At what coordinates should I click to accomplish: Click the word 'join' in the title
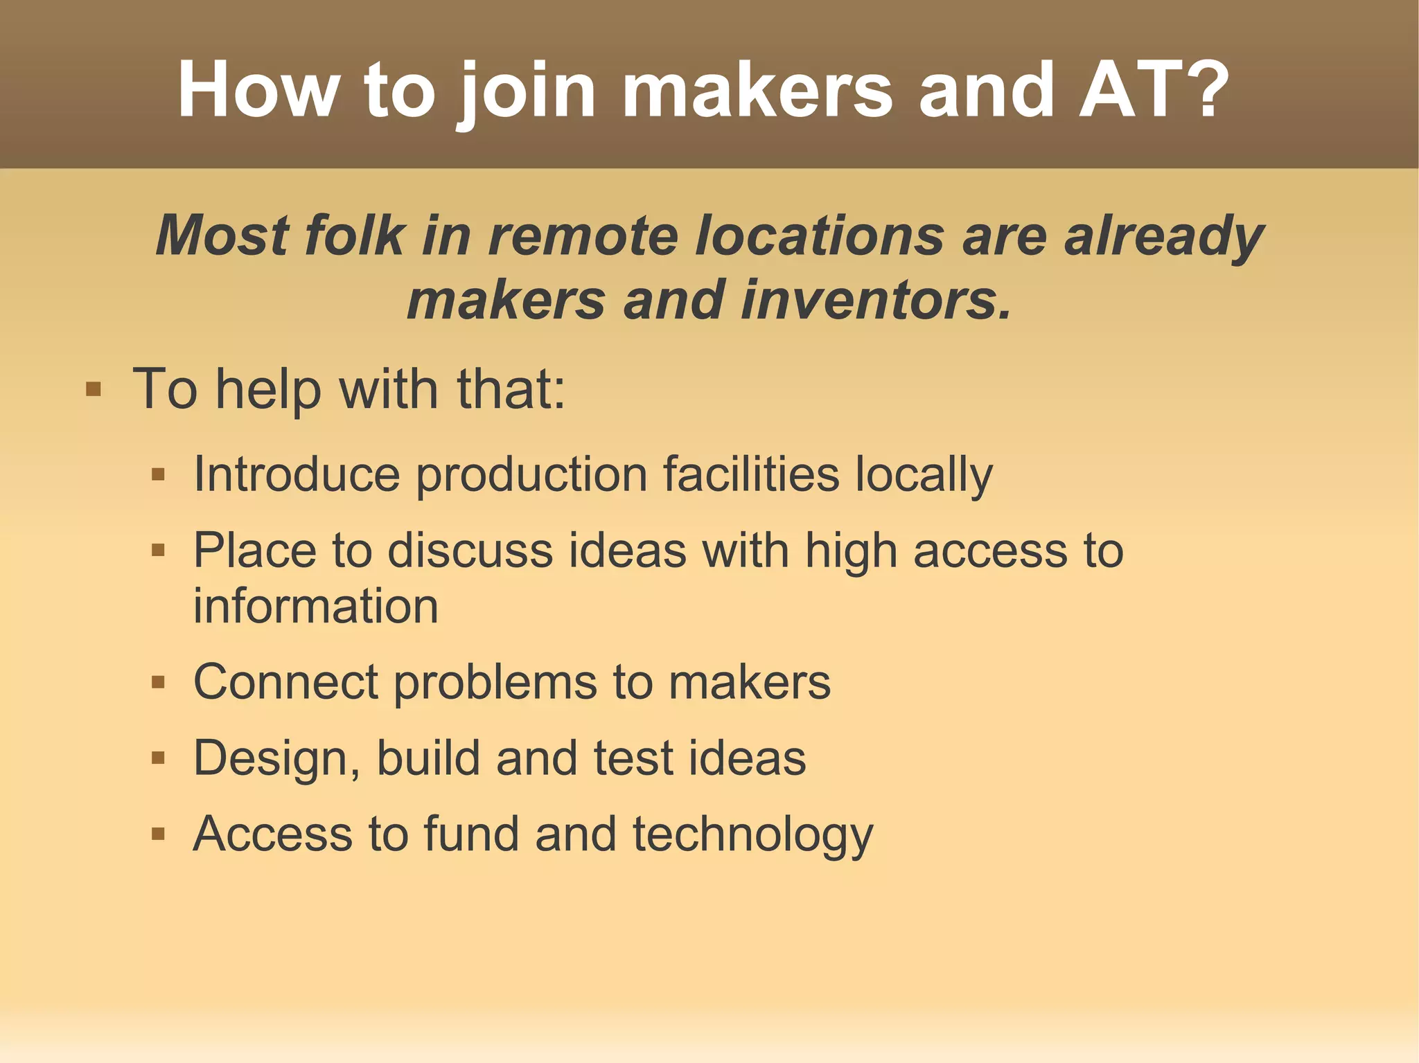pos(526,91)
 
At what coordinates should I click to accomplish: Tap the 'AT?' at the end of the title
pos(1154,91)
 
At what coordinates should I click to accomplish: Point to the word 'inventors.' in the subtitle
pos(876,301)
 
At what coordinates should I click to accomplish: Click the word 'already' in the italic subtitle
pos(1164,236)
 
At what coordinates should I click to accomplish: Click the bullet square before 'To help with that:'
pos(93,389)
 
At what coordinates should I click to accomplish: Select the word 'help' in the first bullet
pos(268,389)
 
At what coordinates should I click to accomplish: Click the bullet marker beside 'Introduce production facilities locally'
pos(158,474)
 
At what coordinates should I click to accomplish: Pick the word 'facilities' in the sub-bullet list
pos(751,474)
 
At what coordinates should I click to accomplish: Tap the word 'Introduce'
pos(297,474)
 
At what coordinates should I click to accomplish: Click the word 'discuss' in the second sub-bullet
pos(470,551)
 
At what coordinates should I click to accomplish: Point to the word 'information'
pos(316,606)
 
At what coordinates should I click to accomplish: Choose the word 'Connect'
pos(285,682)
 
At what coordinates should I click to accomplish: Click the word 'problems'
pos(495,682)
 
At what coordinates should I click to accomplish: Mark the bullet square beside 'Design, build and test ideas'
pos(158,758)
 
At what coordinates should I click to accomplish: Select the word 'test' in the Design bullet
pos(633,758)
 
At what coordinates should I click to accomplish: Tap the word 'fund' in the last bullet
pos(471,834)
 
